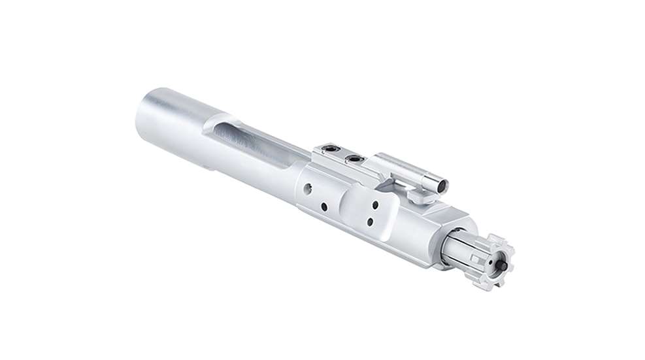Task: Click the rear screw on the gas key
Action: click(331, 152)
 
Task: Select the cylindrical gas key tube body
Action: click(409, 172)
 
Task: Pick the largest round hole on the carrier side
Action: click(306, 191)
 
